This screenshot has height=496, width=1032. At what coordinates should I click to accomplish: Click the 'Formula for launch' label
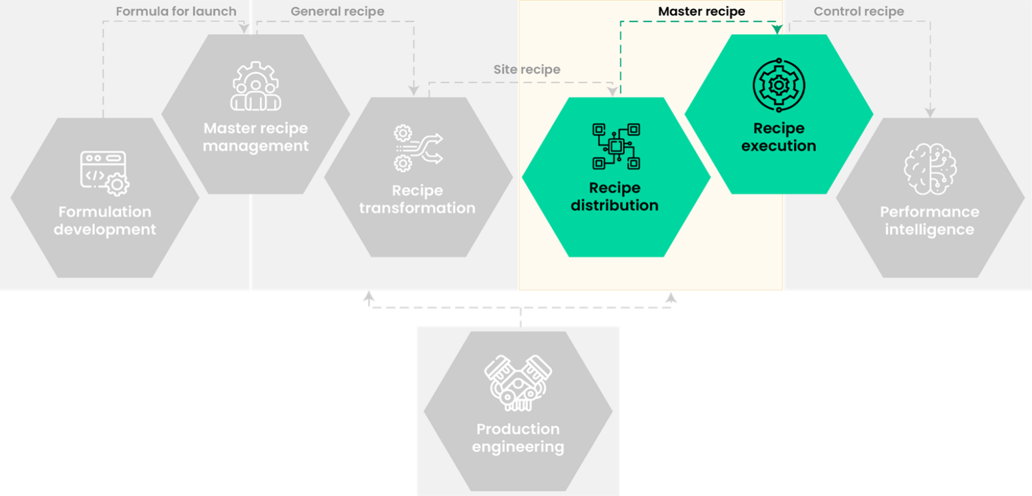[176, 11]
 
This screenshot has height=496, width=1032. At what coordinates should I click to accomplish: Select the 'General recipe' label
[337, 11]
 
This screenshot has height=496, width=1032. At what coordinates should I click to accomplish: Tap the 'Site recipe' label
[526, 69]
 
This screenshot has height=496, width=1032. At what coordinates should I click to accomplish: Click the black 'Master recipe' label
[701, 11]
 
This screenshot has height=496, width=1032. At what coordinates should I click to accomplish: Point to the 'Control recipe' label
[859, 11]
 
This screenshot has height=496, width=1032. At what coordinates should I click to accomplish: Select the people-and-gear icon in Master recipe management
[256, 86]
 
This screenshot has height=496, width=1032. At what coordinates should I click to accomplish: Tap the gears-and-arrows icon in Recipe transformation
[418, 149]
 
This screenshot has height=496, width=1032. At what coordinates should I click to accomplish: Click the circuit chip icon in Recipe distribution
[615, 146]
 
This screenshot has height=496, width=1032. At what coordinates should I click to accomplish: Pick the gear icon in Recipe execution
[778, 86]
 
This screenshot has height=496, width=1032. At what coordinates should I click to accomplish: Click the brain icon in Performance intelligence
[929, 169]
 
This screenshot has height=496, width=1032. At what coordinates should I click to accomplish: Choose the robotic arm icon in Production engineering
[518, 383]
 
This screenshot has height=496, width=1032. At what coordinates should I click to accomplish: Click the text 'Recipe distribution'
[614, 196]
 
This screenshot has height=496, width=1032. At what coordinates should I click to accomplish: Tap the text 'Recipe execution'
[778, 137]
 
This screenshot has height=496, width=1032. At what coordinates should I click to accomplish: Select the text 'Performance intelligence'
[929, 221]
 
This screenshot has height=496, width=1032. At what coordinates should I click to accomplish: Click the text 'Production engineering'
[518, 438]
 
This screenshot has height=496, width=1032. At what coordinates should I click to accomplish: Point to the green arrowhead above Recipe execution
[777, 29]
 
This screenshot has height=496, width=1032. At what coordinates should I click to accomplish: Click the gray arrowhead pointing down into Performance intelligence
[930, 113]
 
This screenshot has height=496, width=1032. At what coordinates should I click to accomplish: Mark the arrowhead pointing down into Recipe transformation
[413, 91]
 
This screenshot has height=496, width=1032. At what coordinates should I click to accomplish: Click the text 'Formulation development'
[105, 221]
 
